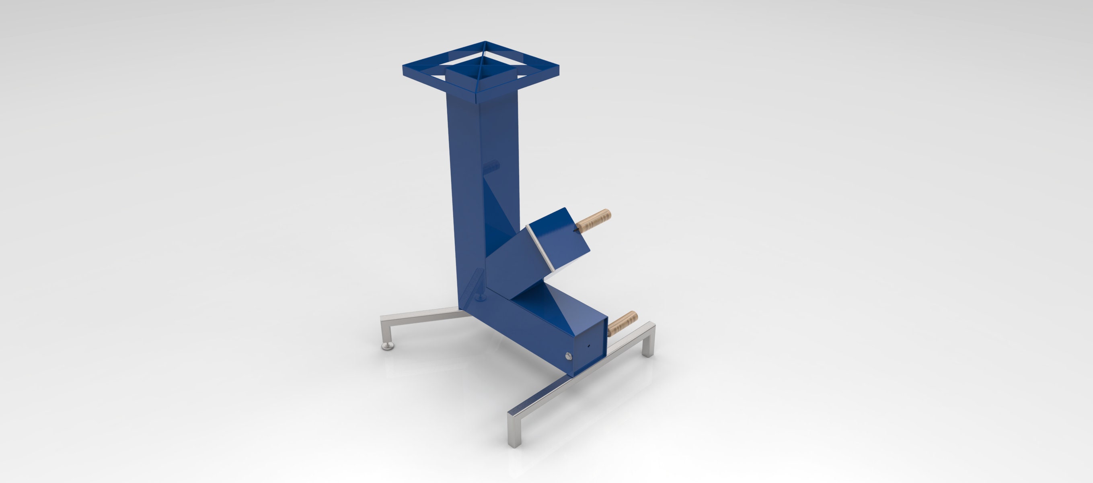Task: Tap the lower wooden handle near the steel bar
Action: tap(623, 323)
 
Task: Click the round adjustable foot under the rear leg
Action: tap(387, 346)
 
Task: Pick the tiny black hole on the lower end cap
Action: tap(588, 346)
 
